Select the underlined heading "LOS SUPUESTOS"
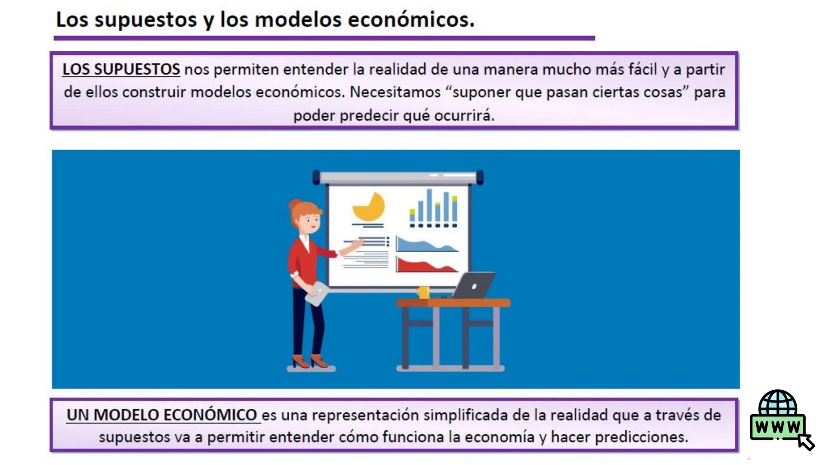[x=121, y=69]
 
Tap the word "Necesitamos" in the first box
[x=395, y=92]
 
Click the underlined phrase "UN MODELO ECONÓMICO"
[x=162, y=415]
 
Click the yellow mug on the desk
[x=423, y=292]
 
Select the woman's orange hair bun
[x=295, y=204]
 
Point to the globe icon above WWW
[x=777, y=403]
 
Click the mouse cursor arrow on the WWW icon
[x=806, y=442]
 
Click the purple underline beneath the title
[x=324, y=38]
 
